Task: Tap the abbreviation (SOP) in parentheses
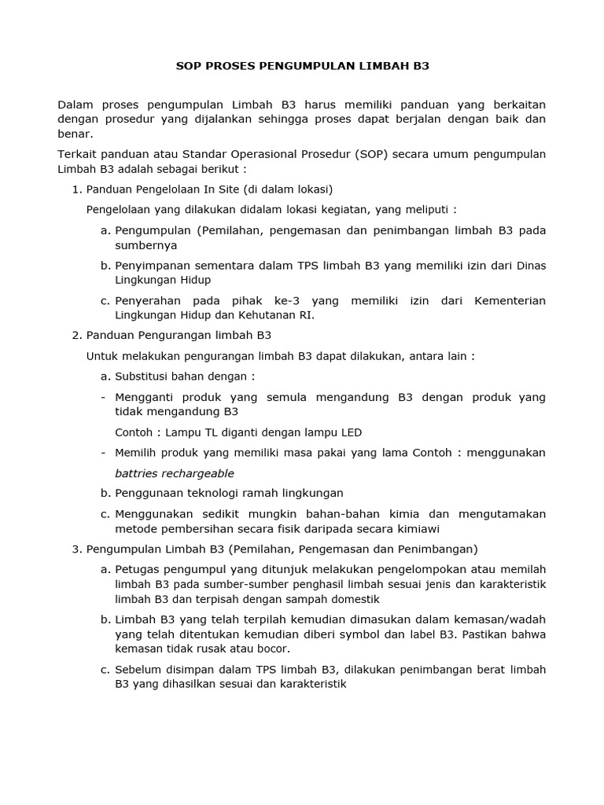382,153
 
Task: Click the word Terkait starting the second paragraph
78,153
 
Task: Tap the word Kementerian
510,301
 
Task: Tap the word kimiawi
415,528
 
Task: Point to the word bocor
272,649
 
